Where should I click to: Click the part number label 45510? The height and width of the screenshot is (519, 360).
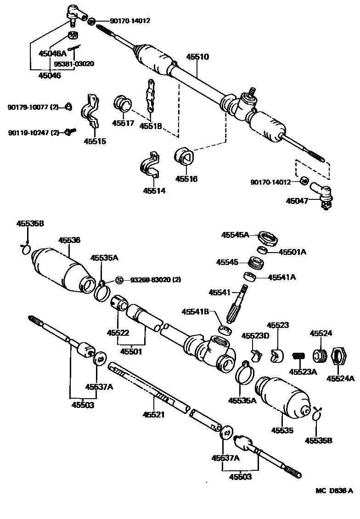tap(197, 57)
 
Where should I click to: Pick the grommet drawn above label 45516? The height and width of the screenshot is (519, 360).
tap(185, 157)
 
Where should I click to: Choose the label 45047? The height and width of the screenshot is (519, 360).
tap(297, 201)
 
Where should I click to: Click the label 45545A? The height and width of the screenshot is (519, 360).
tap(235, 235)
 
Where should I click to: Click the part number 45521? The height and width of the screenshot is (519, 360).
tap(153, 414)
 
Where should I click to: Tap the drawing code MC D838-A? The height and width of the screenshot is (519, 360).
tap(334, 491)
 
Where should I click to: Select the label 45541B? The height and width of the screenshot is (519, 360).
tap(195, 312)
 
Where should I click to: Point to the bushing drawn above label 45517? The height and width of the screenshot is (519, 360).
tap(123, 103)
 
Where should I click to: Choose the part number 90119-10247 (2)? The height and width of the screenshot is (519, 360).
tap(34, 132)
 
